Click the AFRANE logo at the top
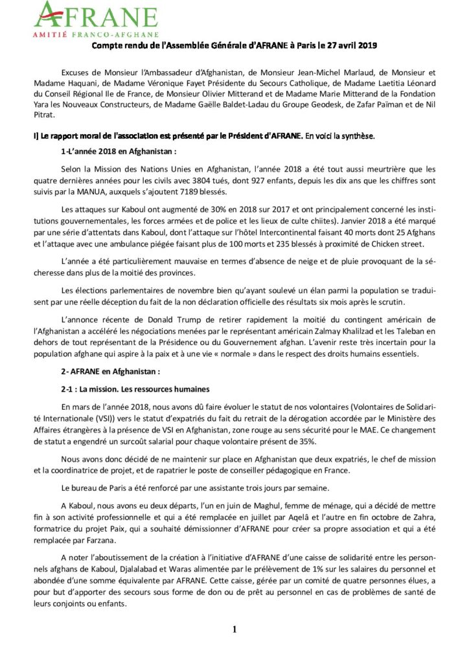[96, 16]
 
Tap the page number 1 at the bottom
[234, 628]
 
